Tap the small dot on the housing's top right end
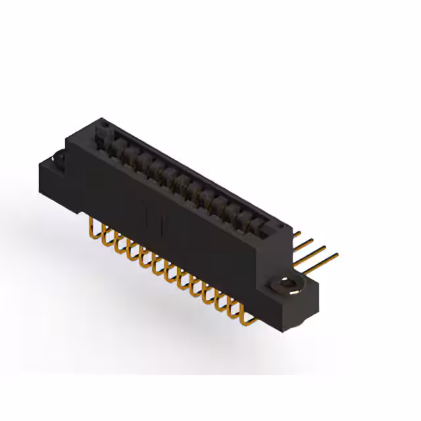click(282, 228)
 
